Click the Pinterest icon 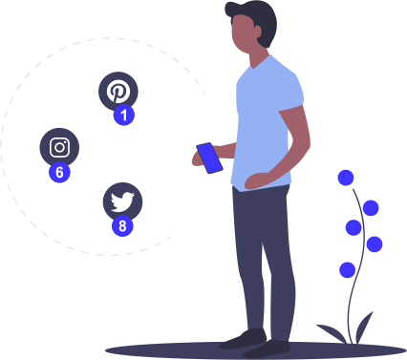(118, 91)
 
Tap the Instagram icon (59, 147)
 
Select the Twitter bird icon (122, 201)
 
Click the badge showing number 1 (124, 115)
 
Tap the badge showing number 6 (59, 172)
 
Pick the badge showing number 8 (122, 226)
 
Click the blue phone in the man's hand (209, 159)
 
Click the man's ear (258, 32)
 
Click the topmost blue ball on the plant (346, 178)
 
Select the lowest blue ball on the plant (347, 270)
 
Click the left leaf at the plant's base (332, 333)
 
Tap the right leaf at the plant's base (364, 328)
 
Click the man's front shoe (267, 349)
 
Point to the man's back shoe (243, 339)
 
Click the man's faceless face (243, 34)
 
